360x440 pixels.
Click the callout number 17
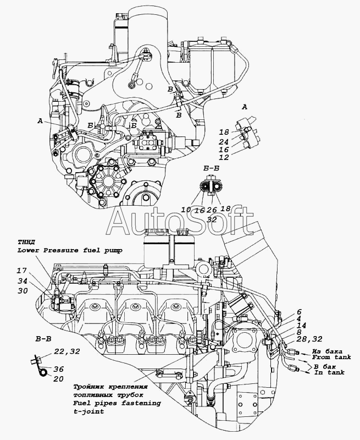[x=21, y=271]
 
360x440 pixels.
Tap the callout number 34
[x=23, y=281]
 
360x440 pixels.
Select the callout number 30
[x=23, y=291]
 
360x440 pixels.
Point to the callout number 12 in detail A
[x=224, y=157]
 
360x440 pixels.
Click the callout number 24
[x=224, y=142]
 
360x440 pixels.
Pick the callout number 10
[x=186, y=210]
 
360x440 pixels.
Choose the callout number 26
[x=212, y=210]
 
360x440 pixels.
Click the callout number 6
[x=299, y=312]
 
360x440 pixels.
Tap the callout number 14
[x=301, y=326]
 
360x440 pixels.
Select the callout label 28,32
[x=308, y=339]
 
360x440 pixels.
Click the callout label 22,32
[x=67, y=351]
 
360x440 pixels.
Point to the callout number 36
[x=59, y=369]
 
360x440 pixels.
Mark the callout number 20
[x=59, y=379]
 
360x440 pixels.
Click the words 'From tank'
[x=331, y=357]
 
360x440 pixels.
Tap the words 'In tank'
[x=329, y=372]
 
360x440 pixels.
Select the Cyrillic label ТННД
[x=25, y=242]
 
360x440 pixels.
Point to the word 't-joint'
[x=88, y=411]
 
